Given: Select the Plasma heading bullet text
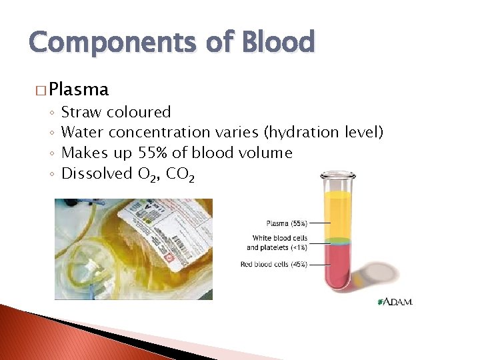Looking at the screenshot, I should coord(79,89).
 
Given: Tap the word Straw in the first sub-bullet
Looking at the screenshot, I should coord(81,112).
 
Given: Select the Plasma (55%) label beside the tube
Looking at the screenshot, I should coord(287,223).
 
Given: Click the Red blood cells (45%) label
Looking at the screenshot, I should coord(274,264).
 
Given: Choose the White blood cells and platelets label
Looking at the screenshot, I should coord(277,243).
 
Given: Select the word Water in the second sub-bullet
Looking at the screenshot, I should coord(83,133).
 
